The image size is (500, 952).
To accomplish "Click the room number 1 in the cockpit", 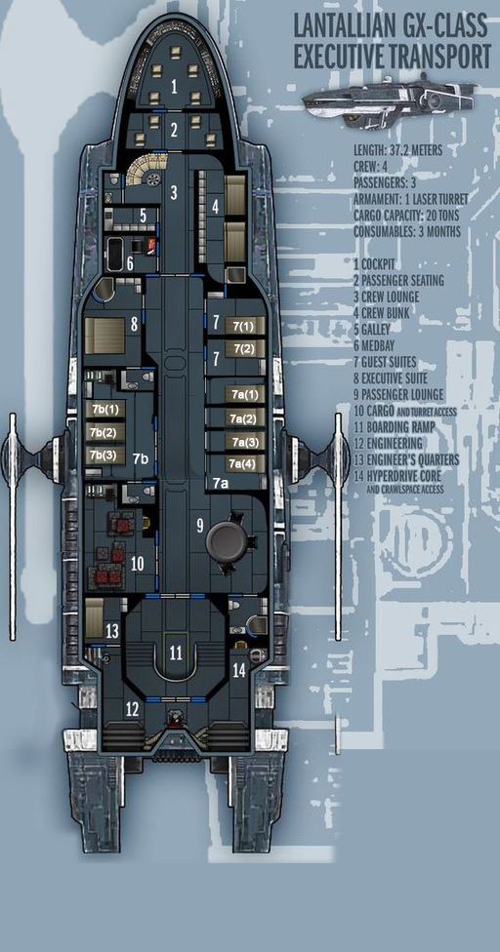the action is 175,87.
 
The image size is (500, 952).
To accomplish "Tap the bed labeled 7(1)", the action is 245,326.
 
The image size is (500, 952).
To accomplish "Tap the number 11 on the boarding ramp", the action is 176,654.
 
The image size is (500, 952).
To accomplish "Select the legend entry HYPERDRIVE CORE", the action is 401,475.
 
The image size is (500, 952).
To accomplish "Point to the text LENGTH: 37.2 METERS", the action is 397,150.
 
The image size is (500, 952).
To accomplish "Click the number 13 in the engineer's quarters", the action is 111,631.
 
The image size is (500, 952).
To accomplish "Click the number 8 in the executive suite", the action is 134,324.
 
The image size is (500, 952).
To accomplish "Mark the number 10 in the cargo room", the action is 138,564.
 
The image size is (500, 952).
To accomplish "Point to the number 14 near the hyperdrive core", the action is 239,670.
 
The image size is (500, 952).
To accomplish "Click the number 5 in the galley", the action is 144,216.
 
